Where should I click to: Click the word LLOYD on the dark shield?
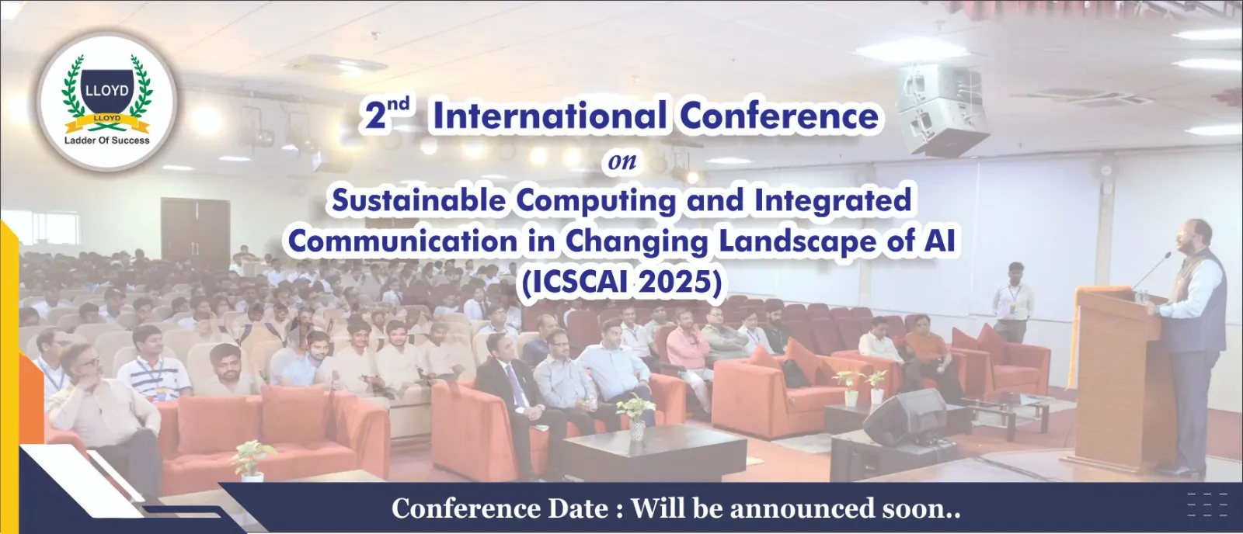coord(107,90)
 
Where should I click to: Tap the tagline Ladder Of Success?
coord(107,140)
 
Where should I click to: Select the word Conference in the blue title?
coord(779,116)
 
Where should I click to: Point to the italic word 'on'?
coord(622,161)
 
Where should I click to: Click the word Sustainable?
coord(419,200)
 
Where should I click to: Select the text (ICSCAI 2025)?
coord(621,282)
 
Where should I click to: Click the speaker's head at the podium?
coord(1194,236)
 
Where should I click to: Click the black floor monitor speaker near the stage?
coord(904,417)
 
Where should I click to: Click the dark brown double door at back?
coord(195,233)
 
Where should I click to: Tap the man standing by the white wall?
coord(1013,302)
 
